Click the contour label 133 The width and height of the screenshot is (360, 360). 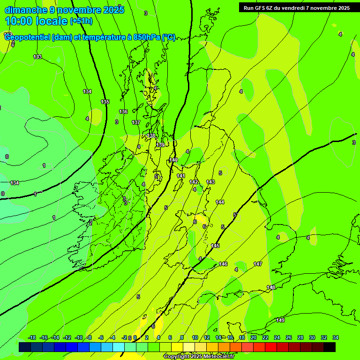coord(37,57)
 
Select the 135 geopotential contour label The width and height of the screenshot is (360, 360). coord(105,102)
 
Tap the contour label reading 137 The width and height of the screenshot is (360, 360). coord(136,122)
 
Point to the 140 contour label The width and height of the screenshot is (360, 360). coord(173,160)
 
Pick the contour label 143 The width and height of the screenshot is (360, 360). coord(210,182)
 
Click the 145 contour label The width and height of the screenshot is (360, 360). coord(215,246)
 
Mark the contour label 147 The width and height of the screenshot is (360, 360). coord(258,264)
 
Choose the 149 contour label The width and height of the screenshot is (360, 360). coord(280,320)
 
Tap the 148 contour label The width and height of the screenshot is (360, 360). coord(271,287)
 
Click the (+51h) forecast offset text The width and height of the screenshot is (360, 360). coord(81,21)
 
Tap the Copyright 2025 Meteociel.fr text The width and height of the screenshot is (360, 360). coord(199,357)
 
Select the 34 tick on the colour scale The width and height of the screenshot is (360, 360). coord(336,337)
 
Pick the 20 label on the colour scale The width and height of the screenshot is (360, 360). coord(254,337)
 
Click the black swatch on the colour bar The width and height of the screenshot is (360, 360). coord(329,347)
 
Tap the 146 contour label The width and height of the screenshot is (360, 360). coord(223,264)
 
